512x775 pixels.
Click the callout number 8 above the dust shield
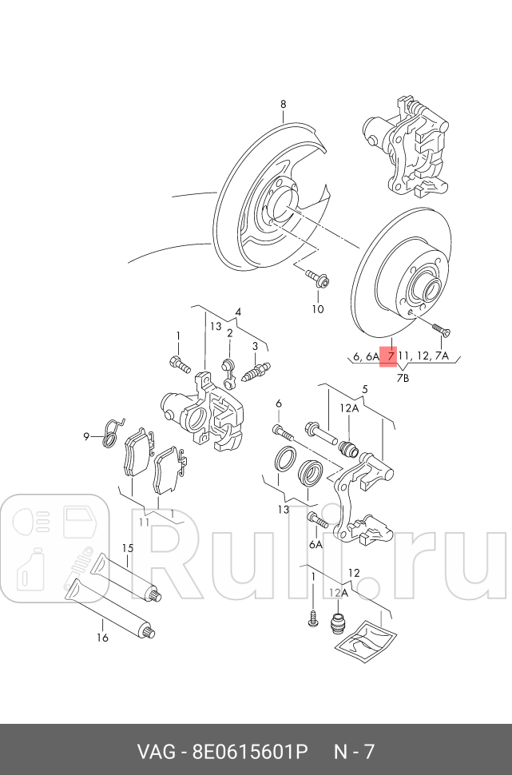(282, 105)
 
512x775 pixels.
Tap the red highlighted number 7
(391, 356)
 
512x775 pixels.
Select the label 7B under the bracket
(402, 378)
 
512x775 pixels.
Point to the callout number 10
(318, 308)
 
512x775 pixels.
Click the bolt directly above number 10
(317, 280)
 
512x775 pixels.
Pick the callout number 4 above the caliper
(237, 312)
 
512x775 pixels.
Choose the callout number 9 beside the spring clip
(87, 436)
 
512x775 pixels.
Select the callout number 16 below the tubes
(102, 637)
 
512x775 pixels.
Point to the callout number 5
(365, 390)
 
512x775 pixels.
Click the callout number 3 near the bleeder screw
(255, 346)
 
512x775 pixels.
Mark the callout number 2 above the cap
(229, 333)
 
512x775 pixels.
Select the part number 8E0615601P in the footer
(250, 752)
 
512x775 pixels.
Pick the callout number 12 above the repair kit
(354, 572)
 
